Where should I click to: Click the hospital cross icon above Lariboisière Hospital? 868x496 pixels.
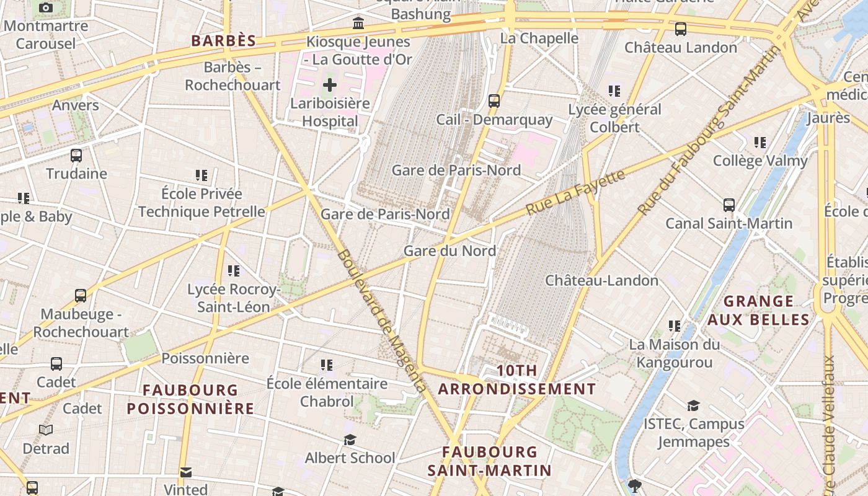[330, 84]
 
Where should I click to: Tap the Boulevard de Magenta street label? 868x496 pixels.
[382, 321]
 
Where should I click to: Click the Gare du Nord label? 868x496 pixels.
[449, 250]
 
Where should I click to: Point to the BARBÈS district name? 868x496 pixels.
[223, 41]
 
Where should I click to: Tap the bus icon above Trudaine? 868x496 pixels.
[76, 156]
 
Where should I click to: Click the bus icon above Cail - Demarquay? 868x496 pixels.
[494, 100]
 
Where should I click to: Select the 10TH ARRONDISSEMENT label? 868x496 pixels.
[516, 379]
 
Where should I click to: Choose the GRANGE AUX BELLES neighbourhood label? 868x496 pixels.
[758, 311]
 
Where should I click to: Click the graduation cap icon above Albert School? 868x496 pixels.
[350, 440]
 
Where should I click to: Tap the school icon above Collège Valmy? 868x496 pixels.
[760, 143]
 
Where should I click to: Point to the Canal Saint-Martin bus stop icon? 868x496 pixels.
[729, 205]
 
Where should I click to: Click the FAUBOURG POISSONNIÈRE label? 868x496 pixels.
[190, 399]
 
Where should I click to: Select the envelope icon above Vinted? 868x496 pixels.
[185, 472]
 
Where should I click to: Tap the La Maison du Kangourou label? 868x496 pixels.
[675, 353]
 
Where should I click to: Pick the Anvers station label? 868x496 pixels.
[75, 105]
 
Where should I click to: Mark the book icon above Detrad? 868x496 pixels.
[46, 430]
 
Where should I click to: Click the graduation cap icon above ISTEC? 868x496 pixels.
[693, 406]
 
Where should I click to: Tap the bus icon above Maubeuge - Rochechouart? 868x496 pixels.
[81, 296]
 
